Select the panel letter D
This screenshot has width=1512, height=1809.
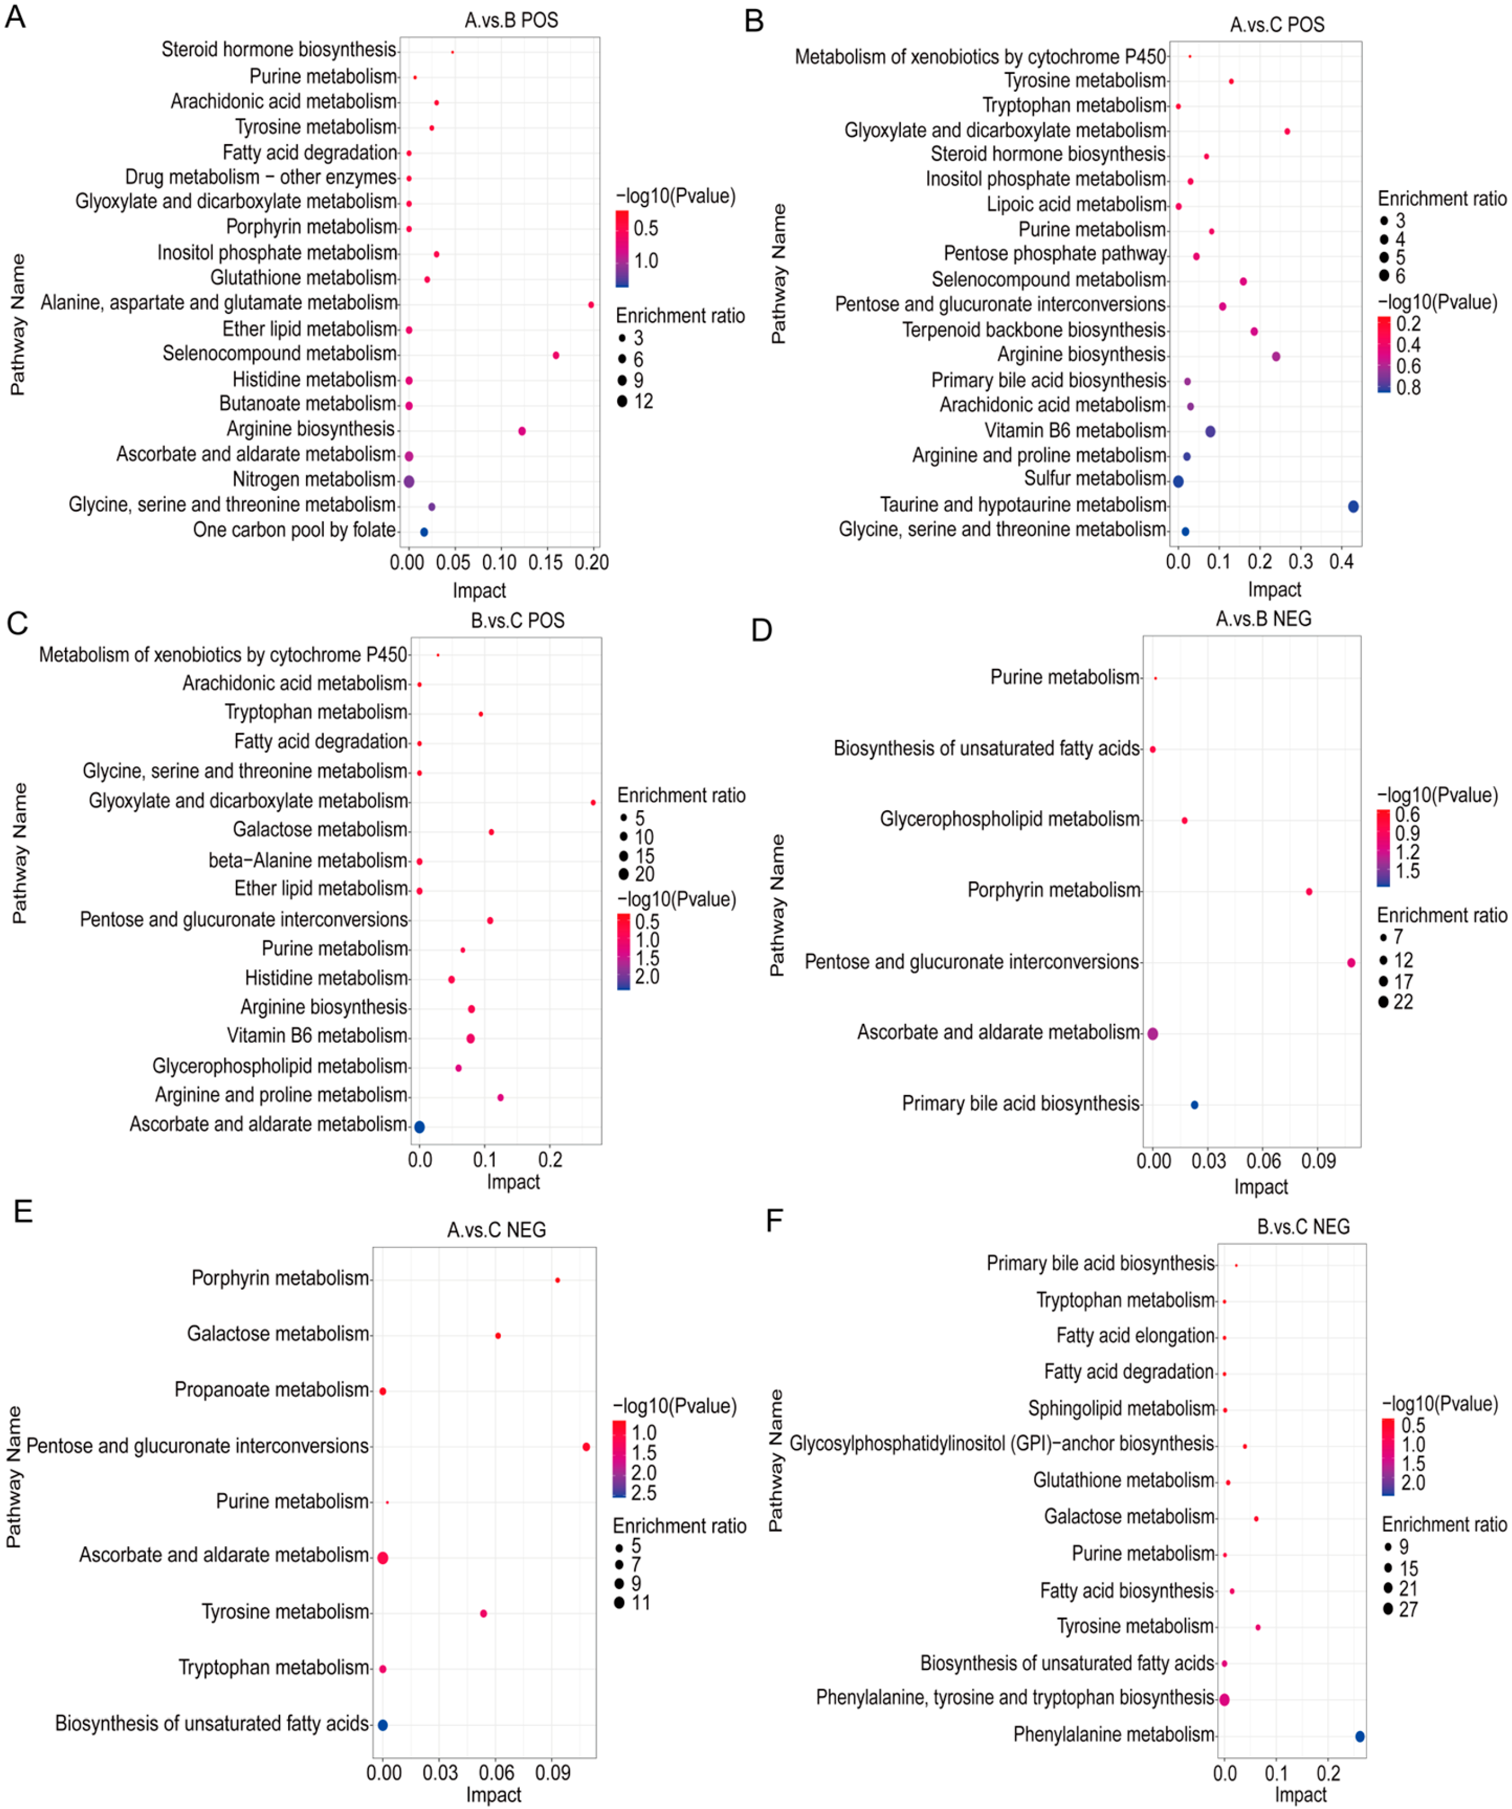pyautogui.click(x=761, y=630)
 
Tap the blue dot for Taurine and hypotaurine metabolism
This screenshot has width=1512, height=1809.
pyautogui.click(x=1353, y=506)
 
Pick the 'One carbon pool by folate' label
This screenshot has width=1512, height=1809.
pyautogui.click(x=294, y=530)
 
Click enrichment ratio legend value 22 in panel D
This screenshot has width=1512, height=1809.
pyautogui.click(x=1403, y=1002)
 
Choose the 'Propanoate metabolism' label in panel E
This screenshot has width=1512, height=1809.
pyautogui.click(x=272, y=1389)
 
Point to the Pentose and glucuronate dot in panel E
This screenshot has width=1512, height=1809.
pyautogui.click(x=586, y=1446)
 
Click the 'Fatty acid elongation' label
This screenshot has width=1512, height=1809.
pyautogui.click(x=1135, y=1335)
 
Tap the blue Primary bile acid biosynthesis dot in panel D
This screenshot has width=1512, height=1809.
pyautogui.click(x=1194, y=1105)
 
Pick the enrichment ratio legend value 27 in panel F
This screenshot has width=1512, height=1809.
pyautogui.click(x=1408, y=1609)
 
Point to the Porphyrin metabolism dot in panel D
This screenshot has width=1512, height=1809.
pyautogui.click(x=1309, y=891)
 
